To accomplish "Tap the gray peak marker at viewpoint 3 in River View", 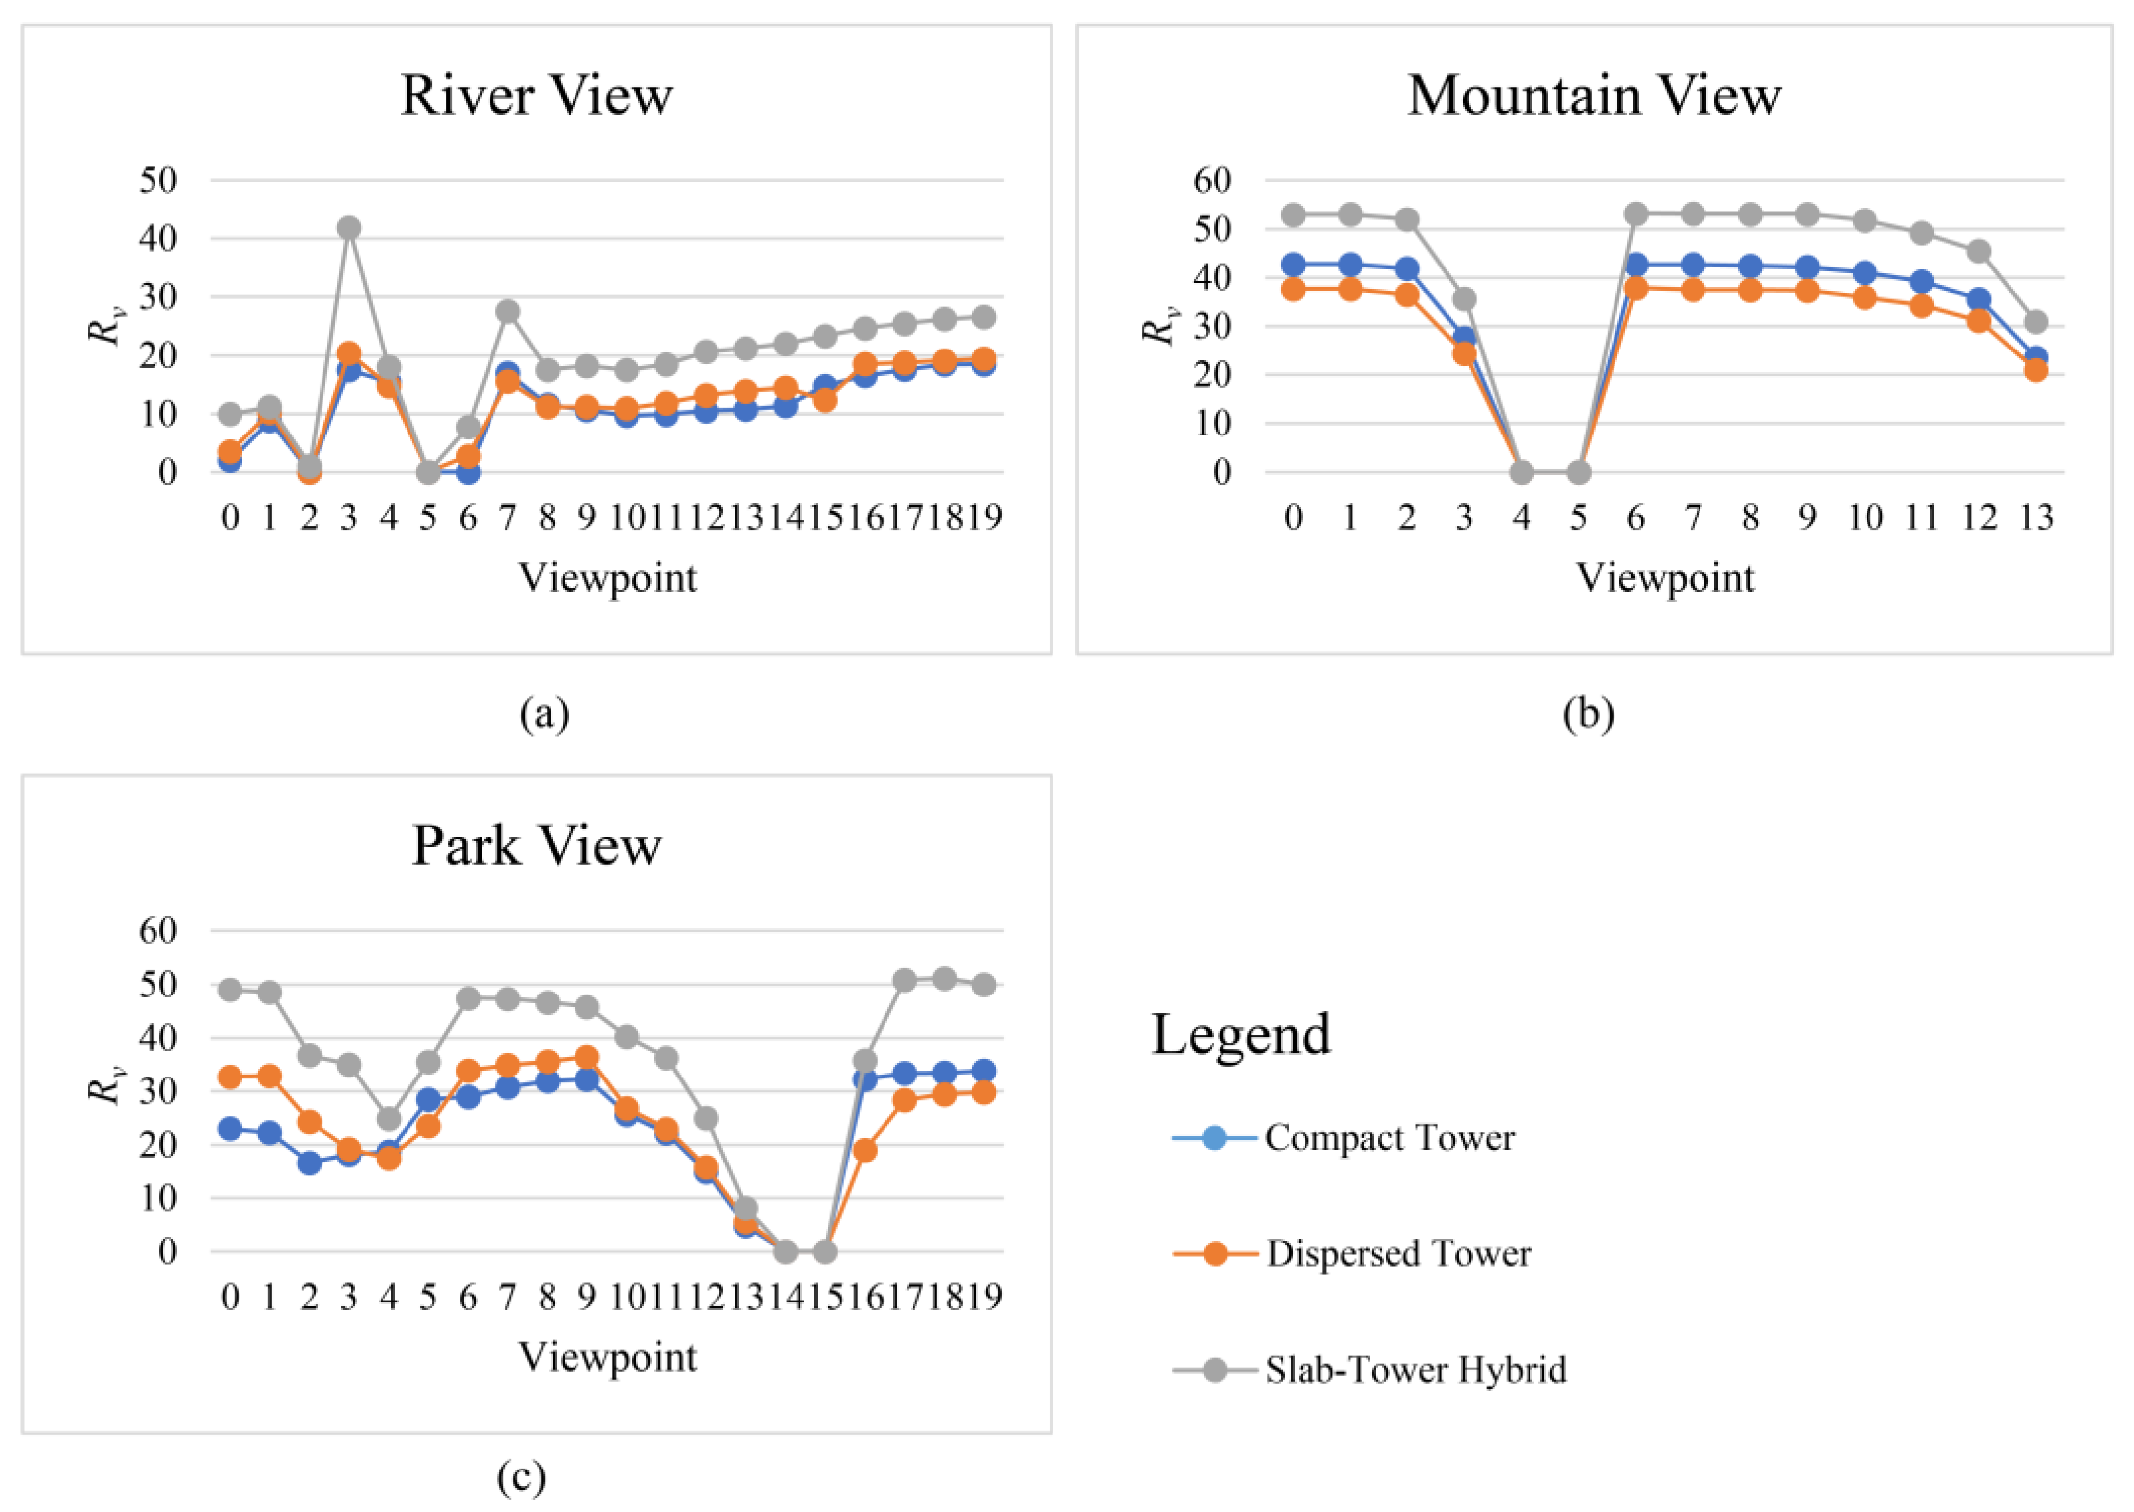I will [x=349, y=228].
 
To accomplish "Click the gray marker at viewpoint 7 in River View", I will [x=507, y=311].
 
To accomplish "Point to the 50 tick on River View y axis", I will [x=158, y=180].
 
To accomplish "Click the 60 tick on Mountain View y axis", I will [x=1212, y=180].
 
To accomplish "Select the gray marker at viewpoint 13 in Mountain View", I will [x=2036, y=322].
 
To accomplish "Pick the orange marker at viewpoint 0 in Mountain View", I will [x=1293, y=289].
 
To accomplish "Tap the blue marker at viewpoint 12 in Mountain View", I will [x=1979, y=300].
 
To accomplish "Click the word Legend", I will [x=1241, y=1034].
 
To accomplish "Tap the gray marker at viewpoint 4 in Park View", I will [x=389, y=1118].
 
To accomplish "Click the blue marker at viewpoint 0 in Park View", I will [x=230, y=1129].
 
